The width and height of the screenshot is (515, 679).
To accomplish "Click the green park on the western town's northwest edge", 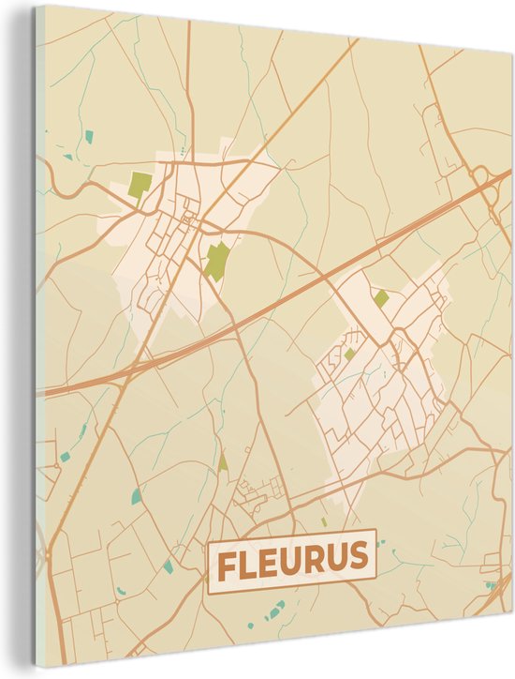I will click(140, 184).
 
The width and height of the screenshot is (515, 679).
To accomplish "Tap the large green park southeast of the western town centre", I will click(217, 260).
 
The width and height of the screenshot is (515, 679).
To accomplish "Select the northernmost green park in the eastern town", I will click(381, 298).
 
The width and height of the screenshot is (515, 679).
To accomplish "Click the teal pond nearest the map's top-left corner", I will click(89, 136).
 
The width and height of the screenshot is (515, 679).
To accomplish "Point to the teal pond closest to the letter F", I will click(168, 566).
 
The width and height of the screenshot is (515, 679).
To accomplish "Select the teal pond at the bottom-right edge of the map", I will click(490, 585).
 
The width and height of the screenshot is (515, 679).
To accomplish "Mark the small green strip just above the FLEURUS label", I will click(324, 521).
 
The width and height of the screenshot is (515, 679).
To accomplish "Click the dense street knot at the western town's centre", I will click(191, 223).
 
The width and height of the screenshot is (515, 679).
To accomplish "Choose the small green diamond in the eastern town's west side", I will click(349, 354).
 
